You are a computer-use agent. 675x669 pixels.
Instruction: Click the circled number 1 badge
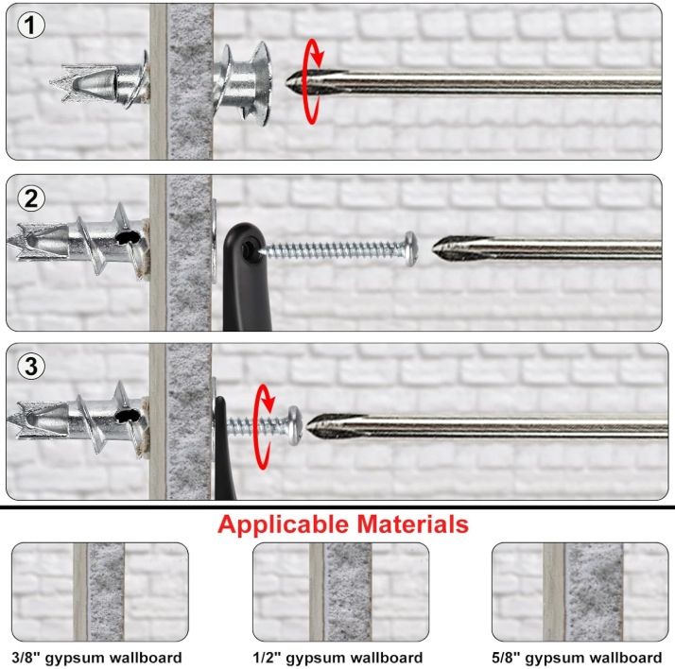[31, 26]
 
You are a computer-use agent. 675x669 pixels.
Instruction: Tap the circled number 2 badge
[31, 199]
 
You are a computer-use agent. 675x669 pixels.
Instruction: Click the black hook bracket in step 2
[237, 274]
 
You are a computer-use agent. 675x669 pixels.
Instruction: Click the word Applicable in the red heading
[285, 524]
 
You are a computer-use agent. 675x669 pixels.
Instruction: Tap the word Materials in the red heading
[412, 524]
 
